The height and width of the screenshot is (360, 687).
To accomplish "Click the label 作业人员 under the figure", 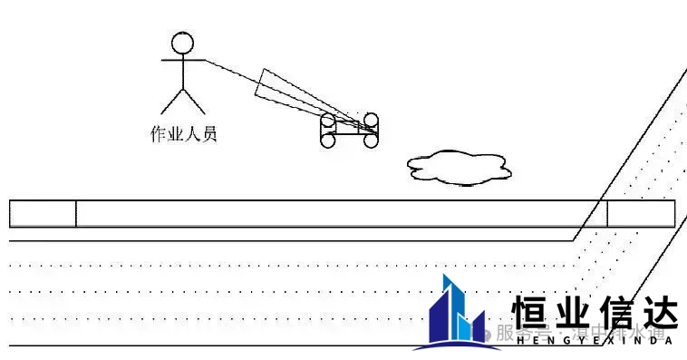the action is pos(183,135).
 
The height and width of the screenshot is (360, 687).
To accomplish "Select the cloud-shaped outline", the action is pos(458,166).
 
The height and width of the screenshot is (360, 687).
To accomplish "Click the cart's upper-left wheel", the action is pos(328,121).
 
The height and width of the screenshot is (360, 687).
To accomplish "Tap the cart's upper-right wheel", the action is pos(371,120).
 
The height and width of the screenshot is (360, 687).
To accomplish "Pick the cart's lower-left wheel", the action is pos(328,141).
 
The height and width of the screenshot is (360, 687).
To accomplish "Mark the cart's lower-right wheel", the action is pos(371,141).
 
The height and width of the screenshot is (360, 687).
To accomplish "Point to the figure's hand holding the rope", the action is pos(205,61).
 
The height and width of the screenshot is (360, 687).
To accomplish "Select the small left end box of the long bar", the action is pos(43,214).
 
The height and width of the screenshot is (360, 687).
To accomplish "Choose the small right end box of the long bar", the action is pos(641,214).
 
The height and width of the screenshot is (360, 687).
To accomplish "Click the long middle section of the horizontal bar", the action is pos(335,214).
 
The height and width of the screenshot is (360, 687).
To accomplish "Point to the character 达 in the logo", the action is pos(658,313).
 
